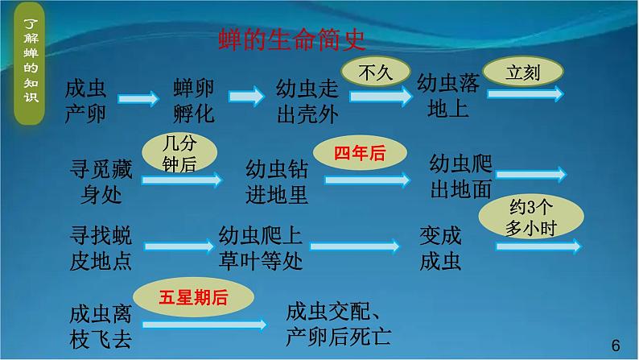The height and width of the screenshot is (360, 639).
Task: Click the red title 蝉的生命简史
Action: [x=294, y=39]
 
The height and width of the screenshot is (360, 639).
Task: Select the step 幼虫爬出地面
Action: [x=460, y=175]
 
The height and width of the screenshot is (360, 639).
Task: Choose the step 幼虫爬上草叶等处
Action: [x=261, y=247]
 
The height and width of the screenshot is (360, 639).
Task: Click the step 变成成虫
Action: [x=440, y=247]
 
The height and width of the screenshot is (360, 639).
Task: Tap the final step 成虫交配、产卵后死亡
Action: [x=339, y=321]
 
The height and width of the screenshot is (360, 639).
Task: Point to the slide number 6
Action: [x=616, y=345]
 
